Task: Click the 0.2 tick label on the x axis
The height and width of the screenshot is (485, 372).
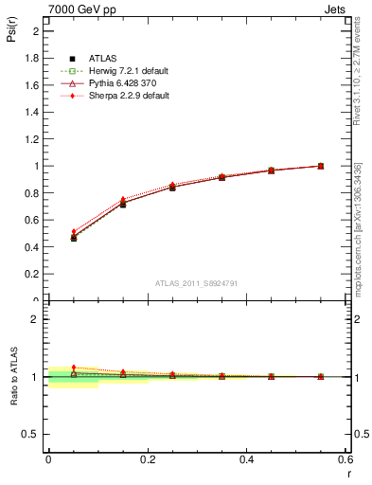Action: pyautogui.click(x=147, y=458)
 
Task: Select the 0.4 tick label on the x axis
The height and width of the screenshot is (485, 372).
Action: pyautogui.click(x=246, y=458)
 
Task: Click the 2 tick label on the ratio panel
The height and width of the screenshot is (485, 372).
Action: pyautogui.click(x=36, y=319)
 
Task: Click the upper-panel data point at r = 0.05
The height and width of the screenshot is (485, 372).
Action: pyautogui.click(x=74, y=237)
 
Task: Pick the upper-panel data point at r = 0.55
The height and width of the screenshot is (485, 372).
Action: pyautogui.click(x=321, y=166)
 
